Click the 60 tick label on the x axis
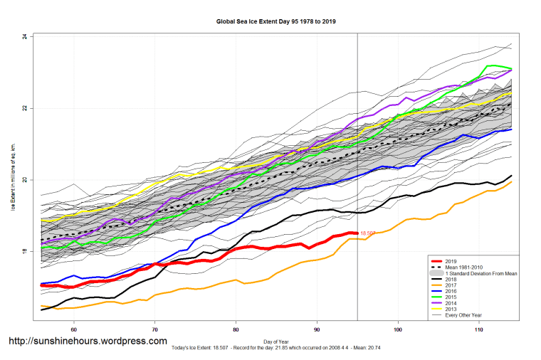click(x=73, y=329)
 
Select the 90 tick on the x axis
click(x=317, y=329)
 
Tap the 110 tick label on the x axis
click(x=479, y=329)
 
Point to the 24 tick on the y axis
click(x=24, y=36)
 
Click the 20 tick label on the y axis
click(x=24, y=180)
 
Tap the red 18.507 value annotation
click(x=368, y=233)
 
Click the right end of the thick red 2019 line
click(x=356, y=233)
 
